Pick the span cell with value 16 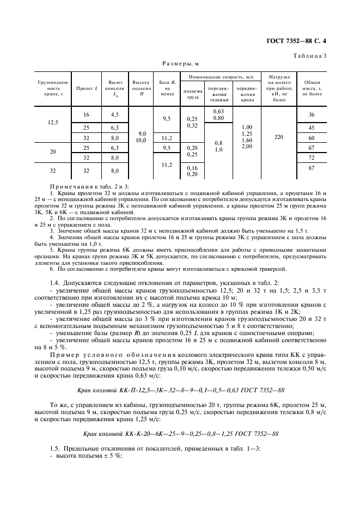(86, 115)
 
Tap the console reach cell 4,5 (114, 115)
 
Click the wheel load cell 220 (279, 137)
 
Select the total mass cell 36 (312, 115)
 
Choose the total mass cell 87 (312, 169)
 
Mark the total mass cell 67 (312, 148)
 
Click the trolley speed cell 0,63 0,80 (218, 114)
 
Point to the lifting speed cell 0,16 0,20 (192, 171)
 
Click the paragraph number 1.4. (56, 284)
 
